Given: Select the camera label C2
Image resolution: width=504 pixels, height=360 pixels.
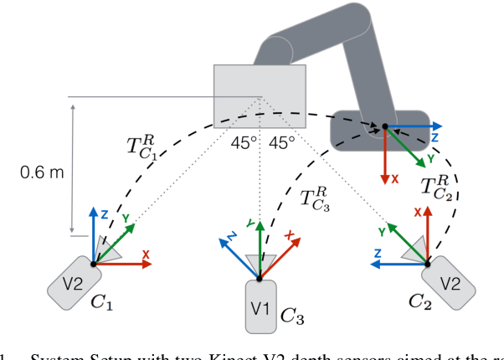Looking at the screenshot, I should tap(420, 299).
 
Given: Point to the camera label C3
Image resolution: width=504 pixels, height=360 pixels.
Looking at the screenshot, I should tap(292, 316).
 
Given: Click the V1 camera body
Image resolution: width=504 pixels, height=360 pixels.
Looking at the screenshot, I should tap(260, 307).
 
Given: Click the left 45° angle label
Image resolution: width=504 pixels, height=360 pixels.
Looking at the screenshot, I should tap(243, 143).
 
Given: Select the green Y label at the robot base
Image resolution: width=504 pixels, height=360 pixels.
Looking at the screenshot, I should tap(430, 157).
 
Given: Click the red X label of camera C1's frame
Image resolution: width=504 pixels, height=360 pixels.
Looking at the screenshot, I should tap(146, 254).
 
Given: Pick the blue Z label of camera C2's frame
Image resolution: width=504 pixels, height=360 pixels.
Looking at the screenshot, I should tap(377, 251).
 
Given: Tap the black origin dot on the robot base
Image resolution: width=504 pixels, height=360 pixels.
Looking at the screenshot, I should tap(384, 127).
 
